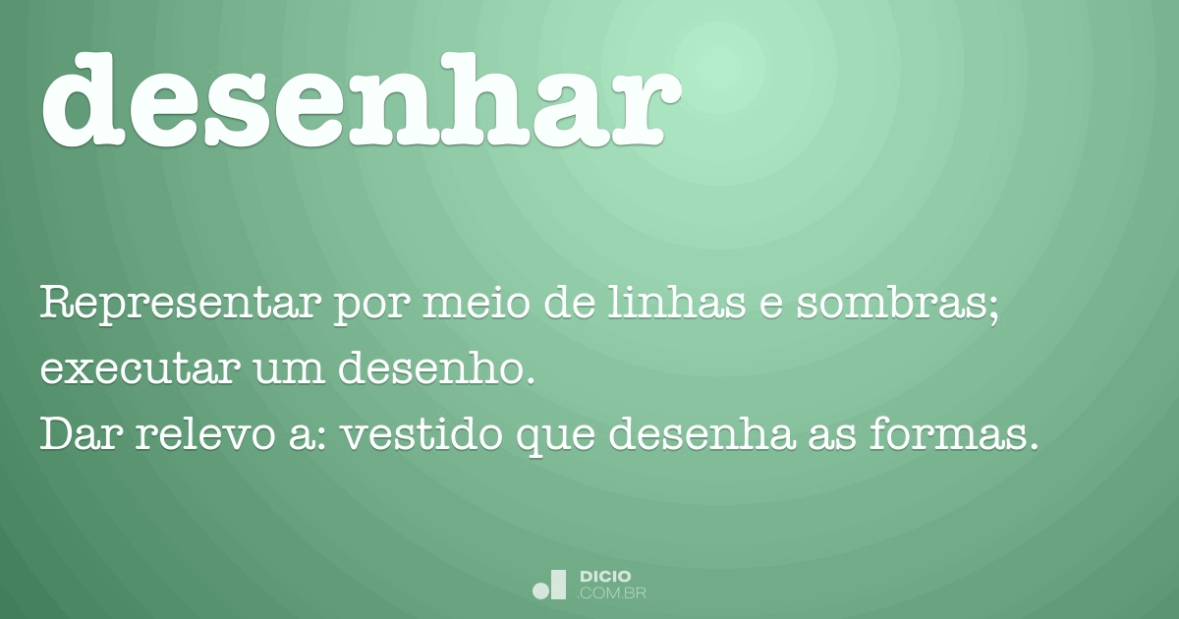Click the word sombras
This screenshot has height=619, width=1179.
click(900, 304)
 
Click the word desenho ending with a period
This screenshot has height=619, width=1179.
click(438, 370)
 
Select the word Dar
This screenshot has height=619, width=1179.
click(76, 435)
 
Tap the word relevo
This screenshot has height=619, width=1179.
click(196, 435)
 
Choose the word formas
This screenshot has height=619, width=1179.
click(952, 435)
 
